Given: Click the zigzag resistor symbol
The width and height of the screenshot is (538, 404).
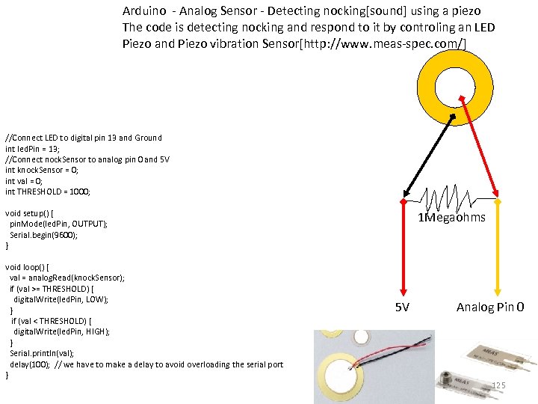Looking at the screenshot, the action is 451,200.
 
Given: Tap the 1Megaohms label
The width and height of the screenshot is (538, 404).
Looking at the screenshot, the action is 451,218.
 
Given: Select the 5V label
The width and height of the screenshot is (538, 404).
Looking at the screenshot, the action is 403,307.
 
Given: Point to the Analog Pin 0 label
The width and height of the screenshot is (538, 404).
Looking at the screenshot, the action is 490,307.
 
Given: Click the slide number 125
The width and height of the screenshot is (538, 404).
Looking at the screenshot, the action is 498,385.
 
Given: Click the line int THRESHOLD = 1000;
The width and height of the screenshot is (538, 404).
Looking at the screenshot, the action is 48,192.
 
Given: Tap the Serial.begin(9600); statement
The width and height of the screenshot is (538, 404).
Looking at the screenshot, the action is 44,235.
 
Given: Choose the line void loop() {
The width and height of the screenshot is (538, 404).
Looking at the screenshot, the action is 27,267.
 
